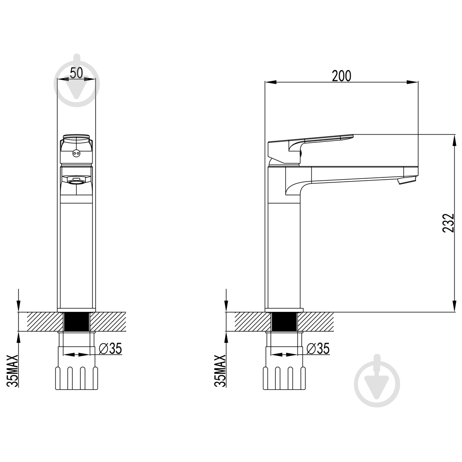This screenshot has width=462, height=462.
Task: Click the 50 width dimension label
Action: (77, 73)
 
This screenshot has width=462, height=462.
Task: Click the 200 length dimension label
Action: (341, 76)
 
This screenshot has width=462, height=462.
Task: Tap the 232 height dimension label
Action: (449, 223)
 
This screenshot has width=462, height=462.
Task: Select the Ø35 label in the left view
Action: (110, 348)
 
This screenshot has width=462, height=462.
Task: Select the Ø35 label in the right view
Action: (318, 348)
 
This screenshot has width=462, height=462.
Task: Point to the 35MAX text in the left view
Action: (12, 371)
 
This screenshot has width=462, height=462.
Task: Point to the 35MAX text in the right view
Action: (220, 371)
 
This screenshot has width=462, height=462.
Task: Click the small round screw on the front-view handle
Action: (76, 153)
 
